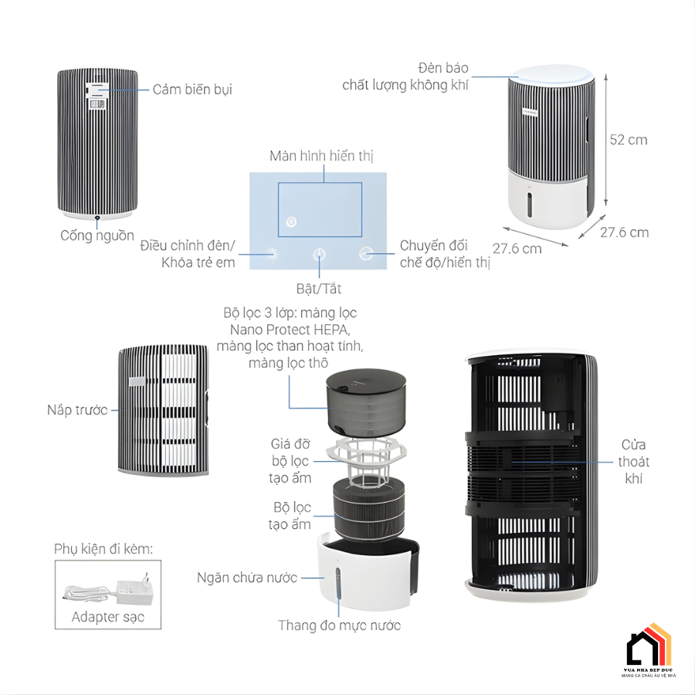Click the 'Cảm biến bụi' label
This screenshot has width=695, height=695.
click(x=192, y=90)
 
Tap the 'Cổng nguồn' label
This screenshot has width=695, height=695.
click(x=97, y=236)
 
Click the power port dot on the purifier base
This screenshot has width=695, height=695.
click(x=97, y=219)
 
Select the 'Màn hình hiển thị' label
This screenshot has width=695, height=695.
click(x=321, y=156)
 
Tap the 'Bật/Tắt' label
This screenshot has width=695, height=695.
click(x=319, y=289)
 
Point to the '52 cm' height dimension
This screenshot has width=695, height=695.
click(x=629, y=140)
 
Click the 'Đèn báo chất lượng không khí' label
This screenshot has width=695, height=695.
click(x=405, y=77)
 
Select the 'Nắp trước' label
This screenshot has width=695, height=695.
click(x=77, y=410)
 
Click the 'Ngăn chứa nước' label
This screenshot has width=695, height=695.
click(x=247, y=578)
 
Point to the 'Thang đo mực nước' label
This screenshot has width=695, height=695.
click(x=339, y=625)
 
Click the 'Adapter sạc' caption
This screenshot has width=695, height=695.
click(x=107, y=617)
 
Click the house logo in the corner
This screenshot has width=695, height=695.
click(x=648, y=646)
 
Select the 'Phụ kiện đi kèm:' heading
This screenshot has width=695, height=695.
click(x=103, y=549)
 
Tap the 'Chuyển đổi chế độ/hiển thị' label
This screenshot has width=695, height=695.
click(x=444, y=254)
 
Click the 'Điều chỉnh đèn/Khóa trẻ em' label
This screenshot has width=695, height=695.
click(x=188, y=254)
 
